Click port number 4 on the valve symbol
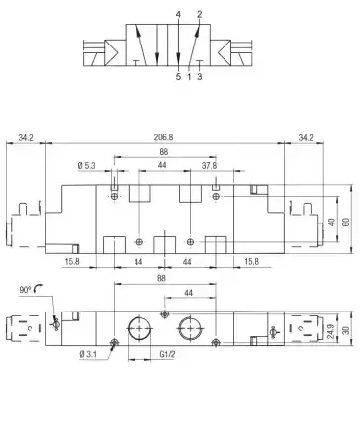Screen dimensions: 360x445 click(178, 15)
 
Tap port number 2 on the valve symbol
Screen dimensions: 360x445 click(199, 15)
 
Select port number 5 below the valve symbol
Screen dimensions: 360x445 click(178, 77)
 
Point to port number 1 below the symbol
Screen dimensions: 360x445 click(189, 77)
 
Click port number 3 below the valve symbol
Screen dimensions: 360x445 click(200, 77)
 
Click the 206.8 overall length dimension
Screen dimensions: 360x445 click(163, 137)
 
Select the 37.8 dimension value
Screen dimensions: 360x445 click(209, 166)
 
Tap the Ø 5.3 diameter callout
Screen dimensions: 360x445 click(86, 165)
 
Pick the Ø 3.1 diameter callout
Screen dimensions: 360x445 click(88, 354)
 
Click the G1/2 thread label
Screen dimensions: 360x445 click(167, 354)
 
